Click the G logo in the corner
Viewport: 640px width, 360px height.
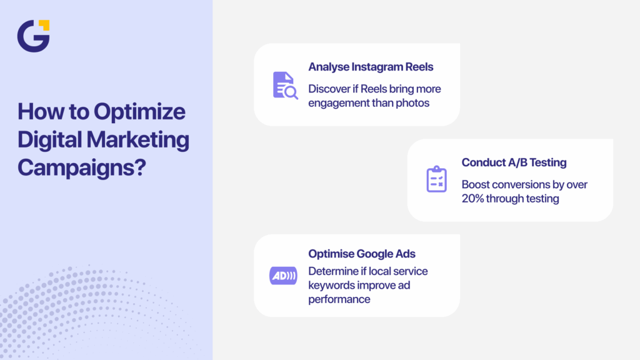click(32, 36)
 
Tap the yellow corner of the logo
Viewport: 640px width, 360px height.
click(44, 25)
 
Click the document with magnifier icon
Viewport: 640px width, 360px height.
click(285, 85)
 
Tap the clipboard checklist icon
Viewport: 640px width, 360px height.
click(436, 179)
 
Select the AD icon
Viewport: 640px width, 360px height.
click(283, 276)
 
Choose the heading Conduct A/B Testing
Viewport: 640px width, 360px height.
click(514, 162)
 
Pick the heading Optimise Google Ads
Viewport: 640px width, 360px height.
click(362, 254)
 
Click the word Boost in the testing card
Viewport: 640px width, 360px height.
click(476, 184)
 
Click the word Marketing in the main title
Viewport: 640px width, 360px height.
click(139, 139)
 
